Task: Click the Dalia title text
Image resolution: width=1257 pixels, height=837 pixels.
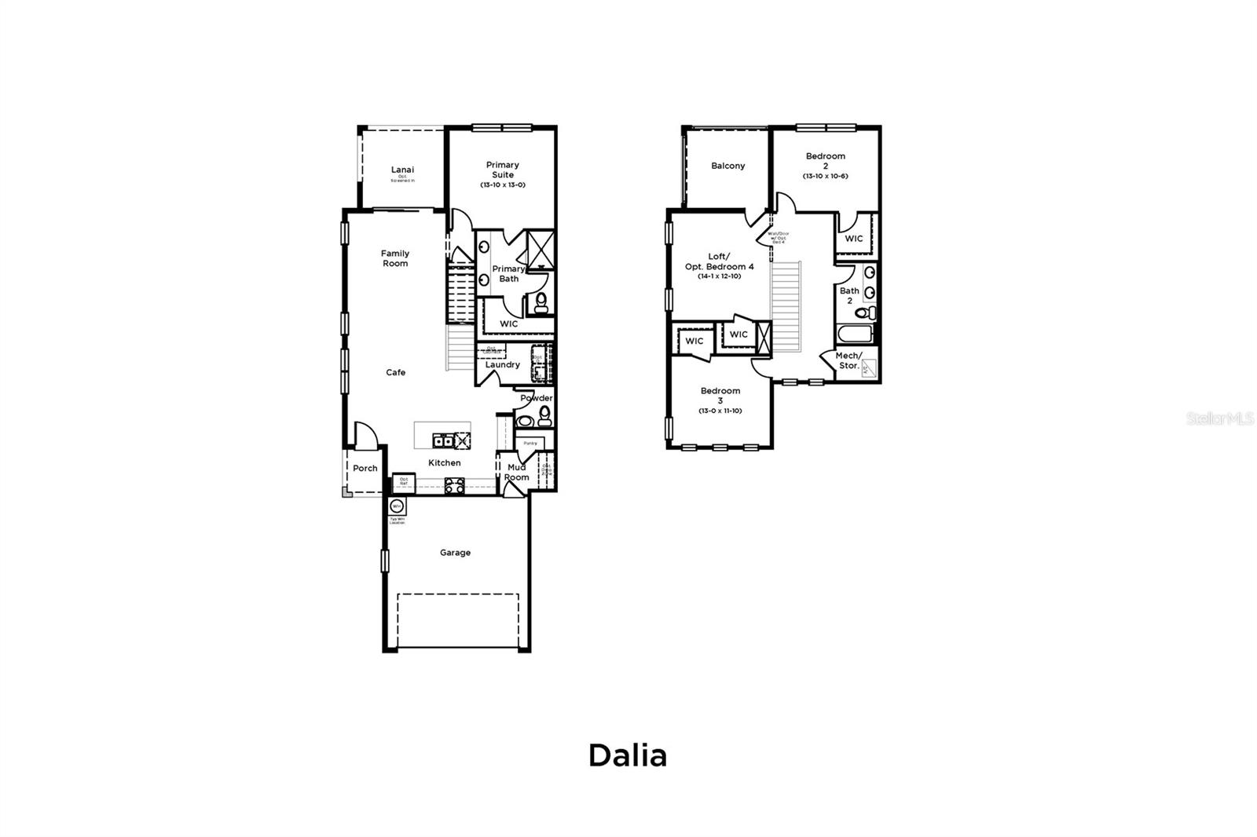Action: point(628,755)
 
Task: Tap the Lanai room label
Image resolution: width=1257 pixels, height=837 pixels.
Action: point(402,170)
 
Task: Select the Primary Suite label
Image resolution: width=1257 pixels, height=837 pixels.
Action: point(503,170)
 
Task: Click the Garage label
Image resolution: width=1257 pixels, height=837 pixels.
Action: point(455,553)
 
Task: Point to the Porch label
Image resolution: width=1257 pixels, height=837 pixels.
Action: point(365,468)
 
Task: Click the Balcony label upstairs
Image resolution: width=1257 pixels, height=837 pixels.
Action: point(727,166)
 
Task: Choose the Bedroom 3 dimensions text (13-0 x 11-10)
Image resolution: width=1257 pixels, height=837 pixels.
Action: point(720,411)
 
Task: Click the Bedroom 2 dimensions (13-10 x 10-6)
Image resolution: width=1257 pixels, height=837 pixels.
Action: point(825,176)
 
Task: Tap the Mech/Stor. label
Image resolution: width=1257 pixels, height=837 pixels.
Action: point(848,360)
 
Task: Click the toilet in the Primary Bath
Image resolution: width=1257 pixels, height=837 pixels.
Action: point(541,304)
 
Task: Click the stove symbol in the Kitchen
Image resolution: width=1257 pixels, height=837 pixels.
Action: point(453,486)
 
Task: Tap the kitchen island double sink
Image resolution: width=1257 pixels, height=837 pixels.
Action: point(443,440)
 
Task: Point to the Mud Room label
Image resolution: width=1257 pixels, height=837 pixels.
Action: point(516,473)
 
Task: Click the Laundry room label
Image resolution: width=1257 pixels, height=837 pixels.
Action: point(502,364)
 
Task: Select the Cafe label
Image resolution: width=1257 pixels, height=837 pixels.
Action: point(396,372)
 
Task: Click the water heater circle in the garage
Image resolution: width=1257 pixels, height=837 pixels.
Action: point(397,506)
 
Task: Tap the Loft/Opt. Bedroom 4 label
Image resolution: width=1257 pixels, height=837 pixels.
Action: point(719,261)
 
